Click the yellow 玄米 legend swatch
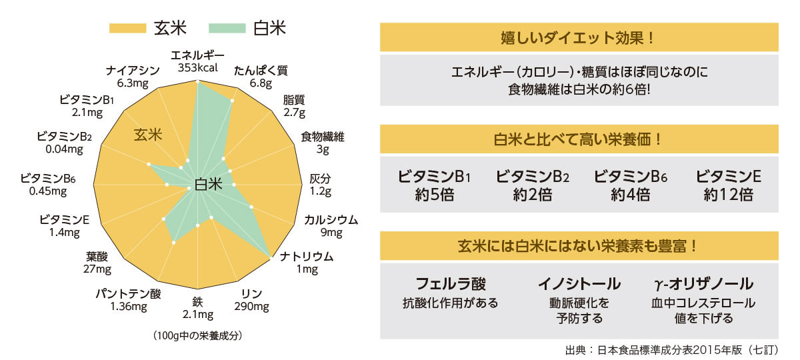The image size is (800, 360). (x=127, y=28)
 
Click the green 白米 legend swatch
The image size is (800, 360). (x=227, y=28)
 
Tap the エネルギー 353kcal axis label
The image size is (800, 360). (x=198, y=61)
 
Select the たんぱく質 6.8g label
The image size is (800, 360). (x=261, y=77)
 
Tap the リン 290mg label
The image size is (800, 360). (x=251, y=299)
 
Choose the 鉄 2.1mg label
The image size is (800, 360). (x=197, y=307)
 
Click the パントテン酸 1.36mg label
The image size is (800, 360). (x=128, y=299)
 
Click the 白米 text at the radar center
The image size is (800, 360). (x=209, y=185)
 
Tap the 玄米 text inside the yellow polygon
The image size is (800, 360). (x=149, y=135)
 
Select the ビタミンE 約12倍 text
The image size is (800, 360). (x=728, y=186)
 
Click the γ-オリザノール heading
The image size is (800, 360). (x=704, y=284)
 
